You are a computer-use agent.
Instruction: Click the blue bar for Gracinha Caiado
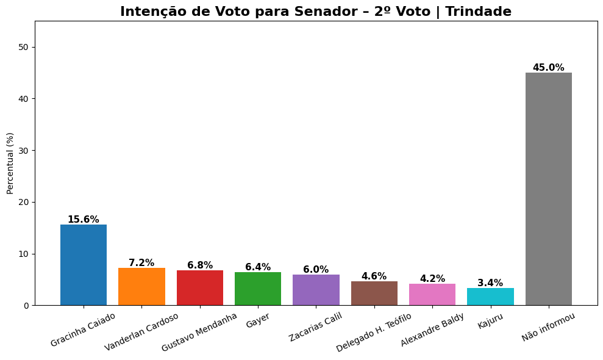[84, 265]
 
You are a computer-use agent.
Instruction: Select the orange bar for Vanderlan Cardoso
[141, 287]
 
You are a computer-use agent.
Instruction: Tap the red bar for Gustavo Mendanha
[200, 288]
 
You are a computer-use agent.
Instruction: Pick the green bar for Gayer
[258, 289]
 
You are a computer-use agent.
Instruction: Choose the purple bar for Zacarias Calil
[316, 290]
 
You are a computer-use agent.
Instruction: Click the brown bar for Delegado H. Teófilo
[374, 293]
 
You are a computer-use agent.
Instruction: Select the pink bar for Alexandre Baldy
[432, 295]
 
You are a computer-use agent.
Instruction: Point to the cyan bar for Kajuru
[490, 297]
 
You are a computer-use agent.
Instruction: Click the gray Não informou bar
[549, 189]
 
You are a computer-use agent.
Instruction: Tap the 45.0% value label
[549, 68]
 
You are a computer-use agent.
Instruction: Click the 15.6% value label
[84, 220]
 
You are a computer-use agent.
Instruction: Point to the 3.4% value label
[490, 283]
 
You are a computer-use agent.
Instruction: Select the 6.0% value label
[316, 270]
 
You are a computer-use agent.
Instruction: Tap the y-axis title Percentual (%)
[10, 163]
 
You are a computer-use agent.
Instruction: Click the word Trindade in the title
[478, 12]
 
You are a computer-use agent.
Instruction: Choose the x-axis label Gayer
[258, 321]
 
